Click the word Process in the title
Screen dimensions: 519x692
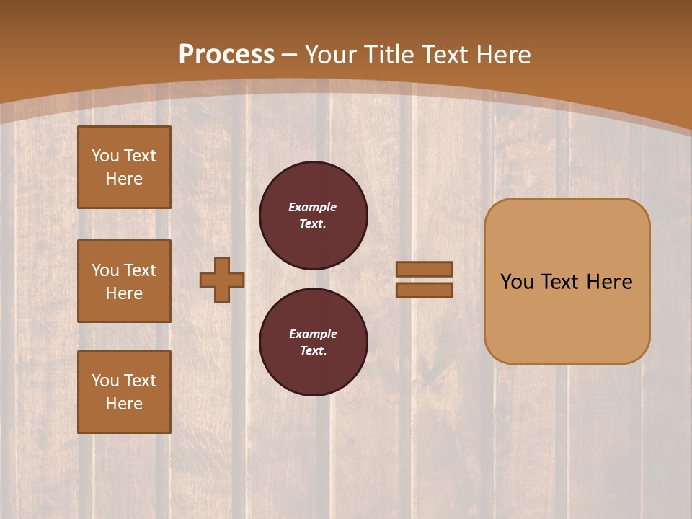pyautogui.click(x=226, y=55)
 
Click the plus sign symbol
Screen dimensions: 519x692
pyautogui.click(x=222, y=280)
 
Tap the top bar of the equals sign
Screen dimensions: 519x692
pyautogui.click(x=424, y=269)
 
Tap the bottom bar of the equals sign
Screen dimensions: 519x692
pyautogui.click(x=424, y=290)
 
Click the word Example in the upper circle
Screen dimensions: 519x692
pyautogui.click(x=313, y=207)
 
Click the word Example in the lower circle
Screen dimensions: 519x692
pyautogui.click(x=313, y=334)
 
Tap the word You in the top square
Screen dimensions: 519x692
pyautogui.click(x=105, y=156)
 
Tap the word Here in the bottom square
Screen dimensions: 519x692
pyautogui.click(x=124, y=404)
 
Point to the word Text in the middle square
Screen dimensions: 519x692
pyautogui.click(x=140, y=270)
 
